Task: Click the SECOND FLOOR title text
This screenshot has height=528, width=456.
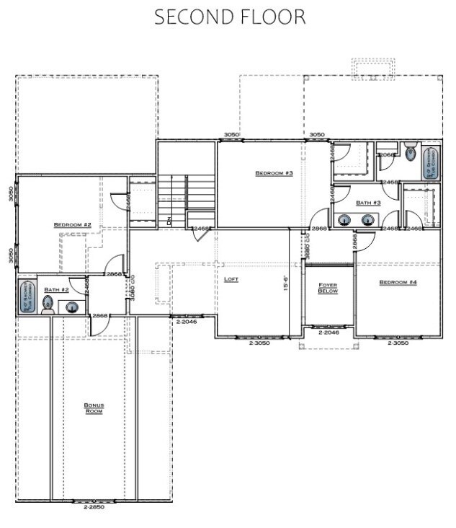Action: tap(230, 17)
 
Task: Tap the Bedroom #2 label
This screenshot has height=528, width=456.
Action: tap(72, 225)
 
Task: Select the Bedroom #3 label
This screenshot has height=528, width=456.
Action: tap(273, 173)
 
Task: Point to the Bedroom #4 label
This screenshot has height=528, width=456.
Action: tap(398, 282)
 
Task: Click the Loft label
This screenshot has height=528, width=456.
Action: tap(231, 278)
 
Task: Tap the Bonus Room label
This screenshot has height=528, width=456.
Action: tap(94, 408)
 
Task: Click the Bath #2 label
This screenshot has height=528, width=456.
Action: tap(55, 289)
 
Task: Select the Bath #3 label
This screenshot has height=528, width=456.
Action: tap(367, 203)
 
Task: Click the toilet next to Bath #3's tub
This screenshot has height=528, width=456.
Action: tap(410, 152)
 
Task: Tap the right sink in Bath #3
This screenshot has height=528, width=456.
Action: tap(369, 221)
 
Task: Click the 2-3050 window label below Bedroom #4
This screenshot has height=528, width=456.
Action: tap(398, 343)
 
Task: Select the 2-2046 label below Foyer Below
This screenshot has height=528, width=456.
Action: tap(328, 334)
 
